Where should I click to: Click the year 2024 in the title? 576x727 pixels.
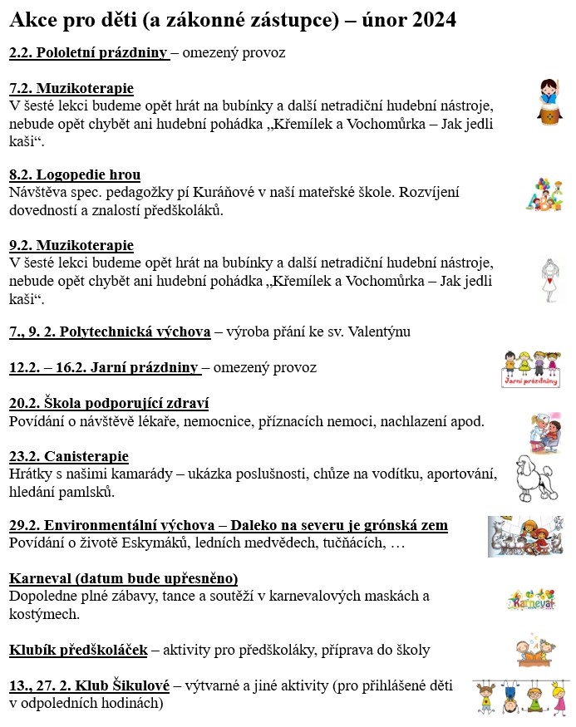[x=431, y=19]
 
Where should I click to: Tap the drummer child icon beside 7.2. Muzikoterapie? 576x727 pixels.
[x=547, y=101]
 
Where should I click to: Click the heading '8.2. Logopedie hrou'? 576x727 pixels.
[x=75, y=174]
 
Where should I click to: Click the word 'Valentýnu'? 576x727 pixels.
[x=382, y=332]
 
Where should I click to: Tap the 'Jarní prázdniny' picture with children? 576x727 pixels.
[x=532, y=368]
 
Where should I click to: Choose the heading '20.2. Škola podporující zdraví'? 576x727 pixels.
[x=109, y=403]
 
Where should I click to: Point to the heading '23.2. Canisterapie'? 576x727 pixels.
[x=69, y=456]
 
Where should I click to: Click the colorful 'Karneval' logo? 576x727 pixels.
[x=531, y=598]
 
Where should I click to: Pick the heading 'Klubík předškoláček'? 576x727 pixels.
[x=78, y=650]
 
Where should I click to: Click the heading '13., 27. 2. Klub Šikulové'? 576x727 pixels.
[x=89, y=686]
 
